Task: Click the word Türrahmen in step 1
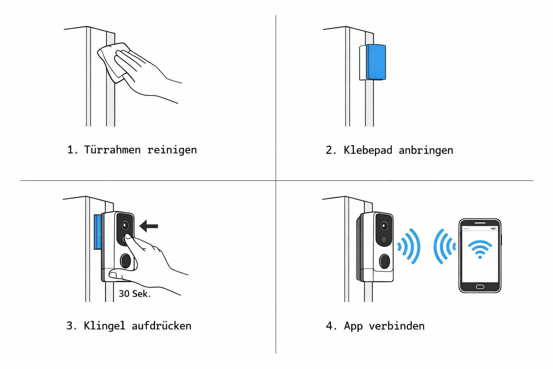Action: (112, 150)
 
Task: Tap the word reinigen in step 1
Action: (172, 150)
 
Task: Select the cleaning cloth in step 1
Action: (112, 61)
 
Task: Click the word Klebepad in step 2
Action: (368, 150)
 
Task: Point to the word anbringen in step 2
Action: (426, 150)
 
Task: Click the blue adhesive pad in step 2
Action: (376, 62)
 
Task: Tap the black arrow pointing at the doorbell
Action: (149, 226)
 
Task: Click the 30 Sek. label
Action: (134, 294)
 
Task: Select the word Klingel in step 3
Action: (104, 326)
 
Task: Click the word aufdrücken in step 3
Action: (161, 326)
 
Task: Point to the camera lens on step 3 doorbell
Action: (125, 226)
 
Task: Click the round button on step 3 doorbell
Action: (125, 261)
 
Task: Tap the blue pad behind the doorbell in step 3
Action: (97, 232)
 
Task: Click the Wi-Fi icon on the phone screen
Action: (480, 249)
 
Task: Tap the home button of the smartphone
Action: (480, 287)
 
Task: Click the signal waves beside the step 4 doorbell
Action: (410, 246)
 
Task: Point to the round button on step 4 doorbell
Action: (385, 261)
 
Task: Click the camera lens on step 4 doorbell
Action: (384, 226)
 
